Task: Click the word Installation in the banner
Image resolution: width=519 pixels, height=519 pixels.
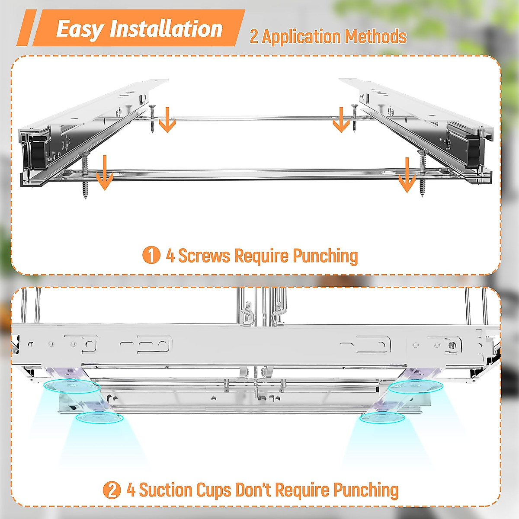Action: tap(166, 29)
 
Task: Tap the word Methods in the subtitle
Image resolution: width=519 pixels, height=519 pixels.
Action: tap(376, 37)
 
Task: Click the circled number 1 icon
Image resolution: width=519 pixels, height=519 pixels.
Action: tap(151, 255)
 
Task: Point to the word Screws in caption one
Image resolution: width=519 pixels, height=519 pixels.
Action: tap(205, 255)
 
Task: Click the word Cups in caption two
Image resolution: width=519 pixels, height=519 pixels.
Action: tap(214, 491)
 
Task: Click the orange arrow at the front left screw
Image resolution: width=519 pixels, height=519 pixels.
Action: tap(105, 173)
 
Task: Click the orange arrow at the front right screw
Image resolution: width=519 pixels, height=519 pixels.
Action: tap(407, 175)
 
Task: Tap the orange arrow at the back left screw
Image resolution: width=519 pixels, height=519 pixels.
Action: tap(167, 120)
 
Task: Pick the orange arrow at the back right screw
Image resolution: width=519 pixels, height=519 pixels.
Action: tap(341, 120)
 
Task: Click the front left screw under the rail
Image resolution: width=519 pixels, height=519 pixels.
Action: tap(85, 175)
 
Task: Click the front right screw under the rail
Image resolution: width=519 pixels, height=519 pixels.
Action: tap(423, 173)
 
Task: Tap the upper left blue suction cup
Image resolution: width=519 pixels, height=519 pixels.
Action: tap(72, 387)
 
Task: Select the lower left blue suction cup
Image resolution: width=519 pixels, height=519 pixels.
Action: tap(99, 417)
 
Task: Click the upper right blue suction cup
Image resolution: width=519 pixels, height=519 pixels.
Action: tap(416, 387)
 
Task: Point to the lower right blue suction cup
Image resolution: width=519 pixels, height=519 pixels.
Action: tap(382, 418)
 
